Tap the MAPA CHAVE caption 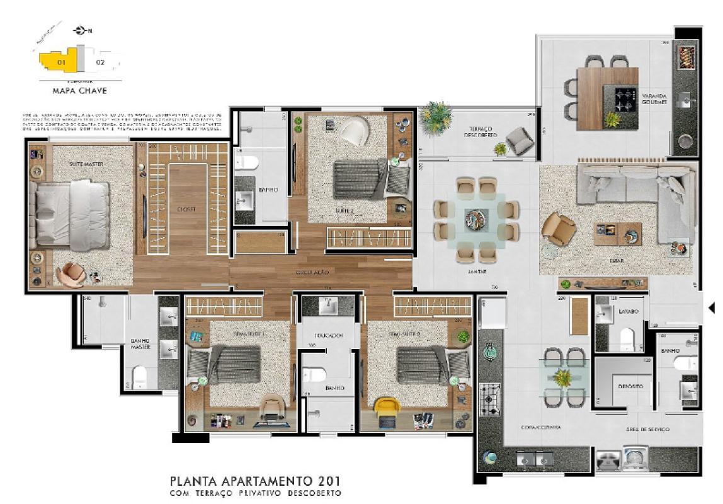(79, 90)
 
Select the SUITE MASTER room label (86, 164)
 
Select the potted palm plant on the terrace (436, 118)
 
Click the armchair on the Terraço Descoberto (520, 140)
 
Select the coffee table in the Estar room (617, 234)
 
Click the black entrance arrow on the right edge (712, 307)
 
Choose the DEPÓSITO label (630, 386)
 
